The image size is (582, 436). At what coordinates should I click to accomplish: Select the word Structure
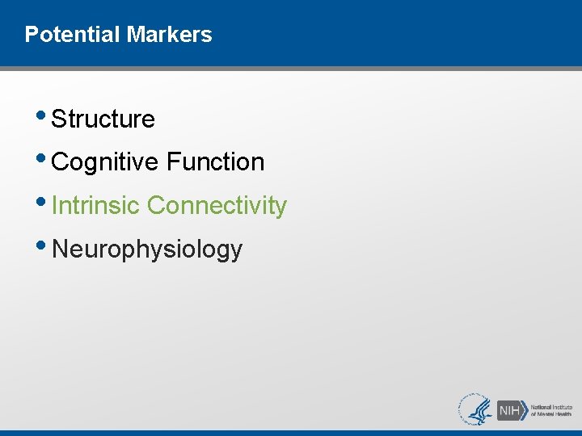point(103,119)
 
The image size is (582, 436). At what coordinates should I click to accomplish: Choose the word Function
point(215,162)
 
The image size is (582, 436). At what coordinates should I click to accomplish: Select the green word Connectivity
point(217,206)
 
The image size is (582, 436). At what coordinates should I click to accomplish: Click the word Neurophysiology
point(146,249)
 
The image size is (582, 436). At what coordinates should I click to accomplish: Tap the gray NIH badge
point(509,409)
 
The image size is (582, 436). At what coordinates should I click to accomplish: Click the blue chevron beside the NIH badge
point(525,409)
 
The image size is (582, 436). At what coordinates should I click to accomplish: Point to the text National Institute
point(551,406)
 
